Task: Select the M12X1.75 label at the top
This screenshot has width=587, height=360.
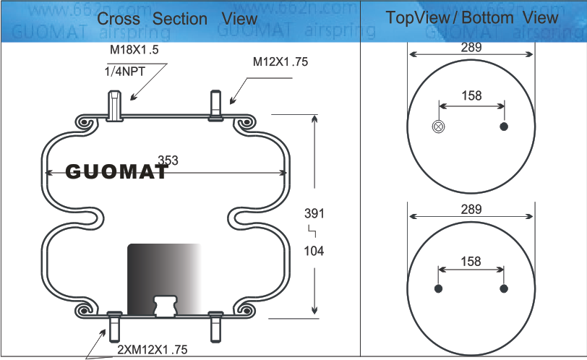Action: (x=280, y=61)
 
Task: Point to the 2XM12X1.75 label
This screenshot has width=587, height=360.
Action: (x=152, y=350)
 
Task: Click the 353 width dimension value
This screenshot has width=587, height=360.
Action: (x=168, y=160)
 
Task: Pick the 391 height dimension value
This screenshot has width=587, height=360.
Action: (x=314, y=214)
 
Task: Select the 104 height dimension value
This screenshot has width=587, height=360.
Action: (x=314, y=251)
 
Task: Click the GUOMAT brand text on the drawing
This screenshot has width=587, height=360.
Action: (x=116, y=172)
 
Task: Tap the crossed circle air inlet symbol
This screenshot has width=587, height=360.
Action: (x=438, y=127)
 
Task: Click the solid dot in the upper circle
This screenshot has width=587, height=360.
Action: (x=504, y=127)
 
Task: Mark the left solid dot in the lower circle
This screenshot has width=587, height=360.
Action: (x=438, y=289)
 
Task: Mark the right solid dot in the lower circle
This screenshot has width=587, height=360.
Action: (x=504, y=289)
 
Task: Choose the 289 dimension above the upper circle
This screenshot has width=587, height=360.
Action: (x=471, y=48)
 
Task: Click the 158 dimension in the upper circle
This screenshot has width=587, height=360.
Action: (x=471, y=96)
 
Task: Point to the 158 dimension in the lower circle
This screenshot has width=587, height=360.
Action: (x=471, y=262)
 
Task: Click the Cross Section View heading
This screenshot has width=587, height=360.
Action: (x=177, y=18)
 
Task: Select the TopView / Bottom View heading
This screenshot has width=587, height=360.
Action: (x=472, y=17)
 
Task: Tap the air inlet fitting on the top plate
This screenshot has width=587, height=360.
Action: (x=116, y=104)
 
